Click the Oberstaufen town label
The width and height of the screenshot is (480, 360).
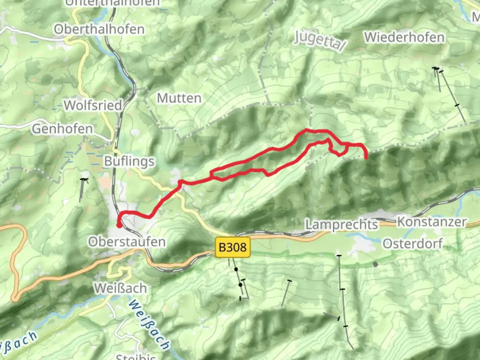click(127, 242)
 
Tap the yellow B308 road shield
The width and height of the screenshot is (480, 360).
click(233, 247)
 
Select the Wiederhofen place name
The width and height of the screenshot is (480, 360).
click(404, 37)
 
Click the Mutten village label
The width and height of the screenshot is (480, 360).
click(179, 98)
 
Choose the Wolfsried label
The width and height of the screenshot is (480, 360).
click(93, 105)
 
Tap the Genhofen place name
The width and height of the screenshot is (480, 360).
click(62, 129)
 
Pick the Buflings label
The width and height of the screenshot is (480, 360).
click(129, 161)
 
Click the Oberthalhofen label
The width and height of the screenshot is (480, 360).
click(99, 29)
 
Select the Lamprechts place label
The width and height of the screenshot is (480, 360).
click(342, 225)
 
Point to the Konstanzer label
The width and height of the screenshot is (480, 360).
click(432, 222)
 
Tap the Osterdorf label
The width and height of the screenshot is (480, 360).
click(413, 244)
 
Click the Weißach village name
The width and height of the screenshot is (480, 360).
click(120, 288)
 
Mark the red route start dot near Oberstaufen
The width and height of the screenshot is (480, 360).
click(119, 226)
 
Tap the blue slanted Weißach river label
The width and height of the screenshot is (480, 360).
click(149, 324)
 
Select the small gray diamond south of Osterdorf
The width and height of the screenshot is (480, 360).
click(376, 264)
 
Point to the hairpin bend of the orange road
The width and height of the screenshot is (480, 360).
click(15, 298)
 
